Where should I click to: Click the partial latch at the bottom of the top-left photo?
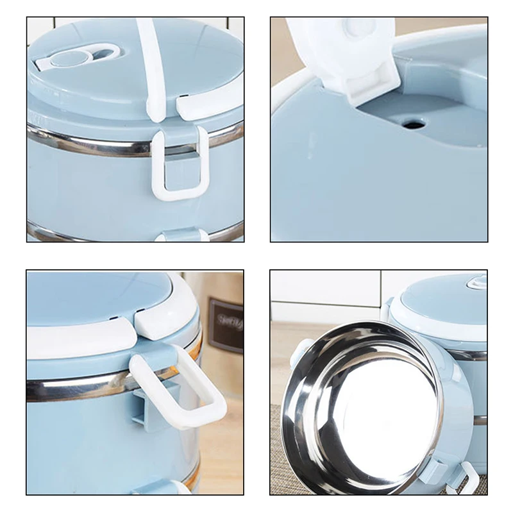click(180, 236)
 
